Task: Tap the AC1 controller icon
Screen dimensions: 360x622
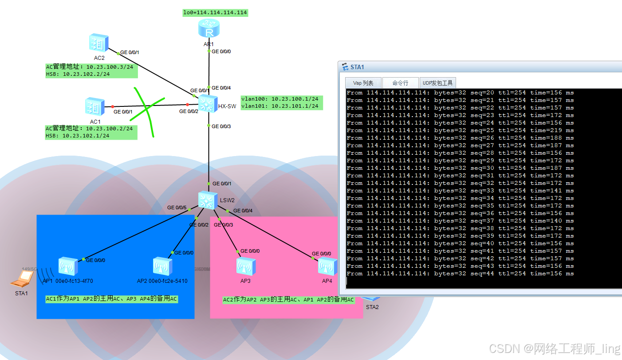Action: (x=95, y=107)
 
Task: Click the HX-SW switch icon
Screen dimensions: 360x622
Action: (x=206, y=104)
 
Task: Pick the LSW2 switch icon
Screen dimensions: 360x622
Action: (x=207, y=200)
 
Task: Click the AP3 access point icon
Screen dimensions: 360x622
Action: (x=245, y=266)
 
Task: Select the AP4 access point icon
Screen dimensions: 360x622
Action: (x=327, y=266)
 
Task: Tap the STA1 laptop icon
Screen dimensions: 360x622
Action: (x=22, y=279)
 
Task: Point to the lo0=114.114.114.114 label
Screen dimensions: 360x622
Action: (x=215, y=12)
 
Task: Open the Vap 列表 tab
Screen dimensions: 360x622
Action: (x=363, y=83)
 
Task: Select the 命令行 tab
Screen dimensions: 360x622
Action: (x=400, y=83)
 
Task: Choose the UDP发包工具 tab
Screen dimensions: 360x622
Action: (x=437, y=83)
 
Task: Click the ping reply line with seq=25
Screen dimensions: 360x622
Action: (x=460, y=130)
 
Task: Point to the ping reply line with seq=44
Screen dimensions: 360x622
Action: (x=460, y=274)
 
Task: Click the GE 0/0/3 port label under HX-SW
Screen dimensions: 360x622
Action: (x=221, y=126)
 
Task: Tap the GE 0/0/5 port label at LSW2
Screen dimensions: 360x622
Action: (x=177, y=207)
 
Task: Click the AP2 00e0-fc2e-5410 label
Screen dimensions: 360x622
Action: (x=162, y=281)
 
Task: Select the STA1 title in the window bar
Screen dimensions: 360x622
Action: (x=357, y=67)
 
